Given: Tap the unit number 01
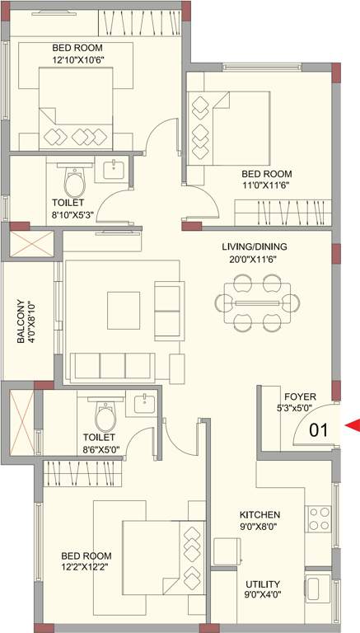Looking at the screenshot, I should [319, 429].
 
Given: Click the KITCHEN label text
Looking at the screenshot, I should [260, 514].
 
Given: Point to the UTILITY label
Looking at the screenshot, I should [260, 582].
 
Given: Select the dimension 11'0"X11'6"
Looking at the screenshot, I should [267, 185].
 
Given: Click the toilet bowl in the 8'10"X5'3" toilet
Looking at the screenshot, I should [75, 180].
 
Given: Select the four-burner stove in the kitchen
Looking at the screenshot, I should [318, 518].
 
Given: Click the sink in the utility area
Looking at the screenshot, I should [316, 589].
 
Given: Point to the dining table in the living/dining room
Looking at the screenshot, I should [256, 302].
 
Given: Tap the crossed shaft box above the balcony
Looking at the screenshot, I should [31, 246].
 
